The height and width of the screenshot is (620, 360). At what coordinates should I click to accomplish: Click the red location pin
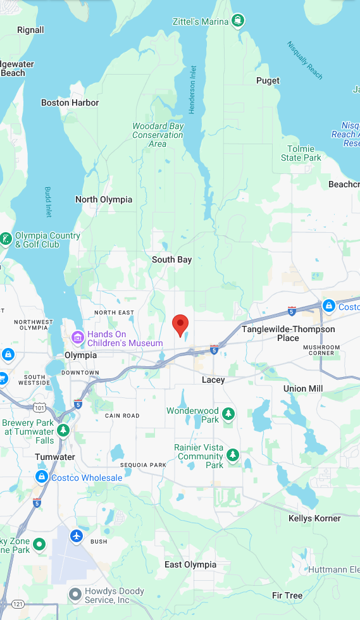tap(180, 325)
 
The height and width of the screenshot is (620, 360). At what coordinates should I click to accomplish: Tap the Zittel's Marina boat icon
tap(238, 21)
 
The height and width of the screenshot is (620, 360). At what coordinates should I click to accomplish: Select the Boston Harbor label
tap(70, 102)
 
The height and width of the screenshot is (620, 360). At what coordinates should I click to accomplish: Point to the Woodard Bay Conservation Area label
tap(158, 135)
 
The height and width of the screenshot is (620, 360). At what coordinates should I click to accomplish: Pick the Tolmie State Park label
tap(301, 153)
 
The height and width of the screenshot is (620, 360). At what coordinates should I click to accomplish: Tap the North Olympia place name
tap(104, 199)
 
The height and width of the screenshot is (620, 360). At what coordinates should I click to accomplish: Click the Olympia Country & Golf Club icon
tap(6, 239)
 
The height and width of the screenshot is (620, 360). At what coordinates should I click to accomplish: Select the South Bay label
tap(171, 259)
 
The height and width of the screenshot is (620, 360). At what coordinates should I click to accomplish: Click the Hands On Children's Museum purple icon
tap(78, 338)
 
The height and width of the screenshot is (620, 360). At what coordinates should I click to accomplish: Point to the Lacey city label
tap(213, 380)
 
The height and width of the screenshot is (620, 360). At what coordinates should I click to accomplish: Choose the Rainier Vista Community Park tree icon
tap(233, 455)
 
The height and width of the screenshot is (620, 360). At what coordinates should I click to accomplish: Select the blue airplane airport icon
tap(77, 536)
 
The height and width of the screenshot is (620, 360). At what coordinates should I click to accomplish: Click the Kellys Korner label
tap(314, 518)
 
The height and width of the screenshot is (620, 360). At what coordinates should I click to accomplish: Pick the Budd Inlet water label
tap(48, 201)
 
